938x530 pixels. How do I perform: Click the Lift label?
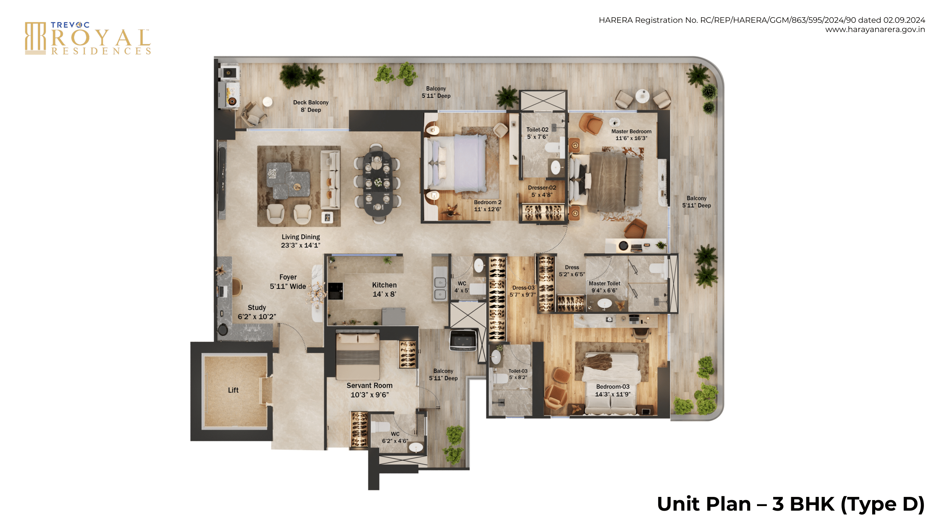(233, 390)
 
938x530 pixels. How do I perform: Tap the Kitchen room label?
(384, 285)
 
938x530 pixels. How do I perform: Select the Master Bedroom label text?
(631, 131)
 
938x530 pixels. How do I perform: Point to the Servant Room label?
(369, 385)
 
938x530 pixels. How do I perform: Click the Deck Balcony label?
(311, 103)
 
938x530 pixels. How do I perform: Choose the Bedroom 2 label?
(488, 202)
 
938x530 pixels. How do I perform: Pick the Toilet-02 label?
(537, 130)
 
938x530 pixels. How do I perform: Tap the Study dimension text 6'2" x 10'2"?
(257, 317)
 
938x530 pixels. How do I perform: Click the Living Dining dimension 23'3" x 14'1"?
(300, 245)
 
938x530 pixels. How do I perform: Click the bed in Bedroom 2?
(456, 164)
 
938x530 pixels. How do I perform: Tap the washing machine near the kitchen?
(463, 341)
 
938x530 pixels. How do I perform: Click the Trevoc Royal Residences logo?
(88, 38)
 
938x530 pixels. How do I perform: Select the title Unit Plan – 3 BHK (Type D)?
(790, 504)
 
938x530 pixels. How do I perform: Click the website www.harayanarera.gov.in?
(875, 30)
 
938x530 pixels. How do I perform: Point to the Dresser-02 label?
(542, 188)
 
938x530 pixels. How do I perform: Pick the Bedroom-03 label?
(612, 386)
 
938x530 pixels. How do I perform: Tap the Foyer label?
(288, 277)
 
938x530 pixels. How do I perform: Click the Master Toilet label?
(605, 284)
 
